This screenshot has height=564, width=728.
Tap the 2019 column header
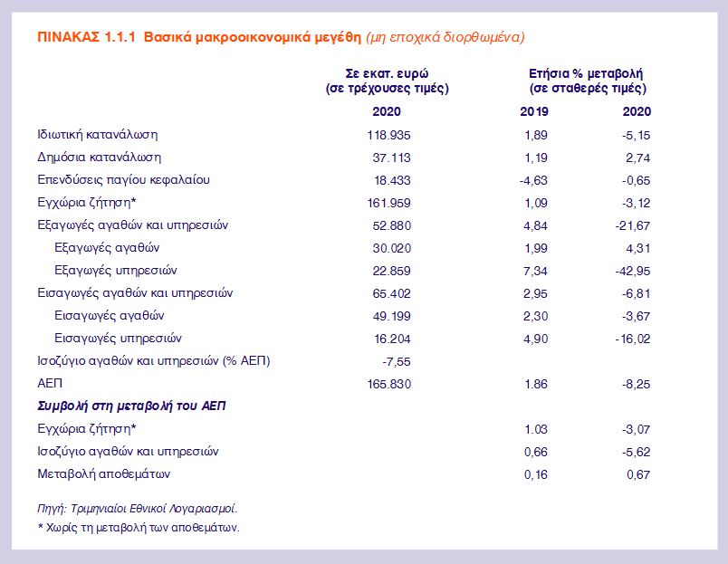[534, 111]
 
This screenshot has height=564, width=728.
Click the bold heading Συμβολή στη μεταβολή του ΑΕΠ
[130, 406]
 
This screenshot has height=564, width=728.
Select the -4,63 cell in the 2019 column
[534, 180]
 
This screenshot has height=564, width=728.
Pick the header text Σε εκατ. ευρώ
[387, 72]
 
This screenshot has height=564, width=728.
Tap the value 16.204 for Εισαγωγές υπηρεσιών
[387, 339]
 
